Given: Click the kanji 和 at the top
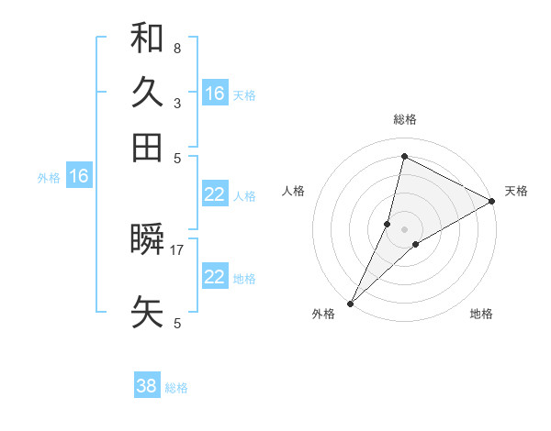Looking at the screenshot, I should point(147,39).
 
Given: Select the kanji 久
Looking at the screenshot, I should point(147,93).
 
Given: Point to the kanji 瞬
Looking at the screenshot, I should point(147,240).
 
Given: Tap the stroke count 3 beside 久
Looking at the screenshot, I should point(176,103).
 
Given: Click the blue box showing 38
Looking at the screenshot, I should point(147,386).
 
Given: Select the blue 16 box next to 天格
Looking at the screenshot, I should point(215,94).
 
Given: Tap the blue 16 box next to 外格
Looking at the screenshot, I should point(79,177).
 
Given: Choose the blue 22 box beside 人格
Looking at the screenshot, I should point(215,194).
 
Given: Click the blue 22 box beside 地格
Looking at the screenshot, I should point(215,277).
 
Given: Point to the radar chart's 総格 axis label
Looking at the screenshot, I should point(404,119).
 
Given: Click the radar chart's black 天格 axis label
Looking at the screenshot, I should point(516,191).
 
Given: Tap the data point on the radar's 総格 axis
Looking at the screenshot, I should point(404,157).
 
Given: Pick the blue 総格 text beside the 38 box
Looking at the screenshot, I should point(176,388).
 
